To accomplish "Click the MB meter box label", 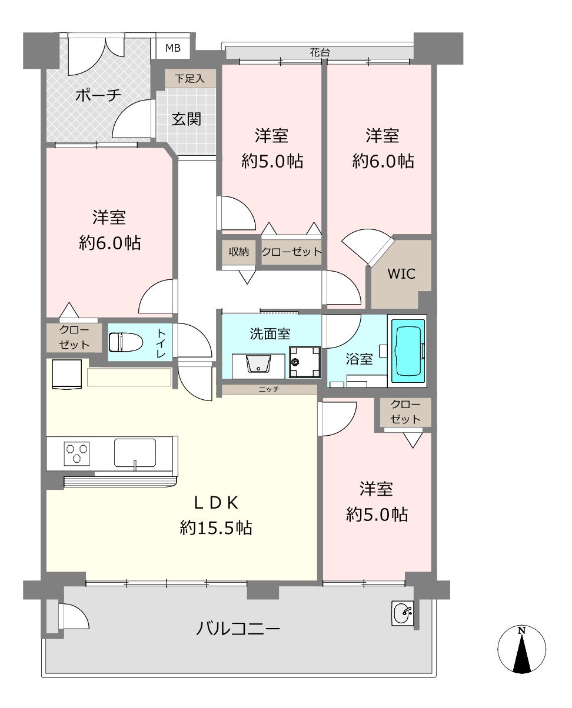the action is pos(173,48).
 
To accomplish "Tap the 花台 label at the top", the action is pos(320,52).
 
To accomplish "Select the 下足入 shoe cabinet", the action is pos(190,79).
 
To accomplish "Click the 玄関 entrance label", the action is pos(186,119).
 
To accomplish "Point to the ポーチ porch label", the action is pos(98,96).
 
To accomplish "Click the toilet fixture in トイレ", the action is pos(126,342).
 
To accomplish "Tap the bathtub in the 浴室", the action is pos(408,351).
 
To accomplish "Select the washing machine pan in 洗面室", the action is pos(305,362).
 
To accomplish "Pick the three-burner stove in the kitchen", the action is pos(77,453).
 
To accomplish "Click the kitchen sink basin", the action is pos(135,453).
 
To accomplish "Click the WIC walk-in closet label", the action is pos(401,274).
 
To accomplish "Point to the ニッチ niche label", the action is pos(269,389).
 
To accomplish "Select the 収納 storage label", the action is pos(239,252).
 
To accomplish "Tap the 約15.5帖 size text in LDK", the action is pos(216,527).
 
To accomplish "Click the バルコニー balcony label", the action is pos(238,629).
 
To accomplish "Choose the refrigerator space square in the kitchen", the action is pos(67,374).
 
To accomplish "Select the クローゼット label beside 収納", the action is pos(292,252).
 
